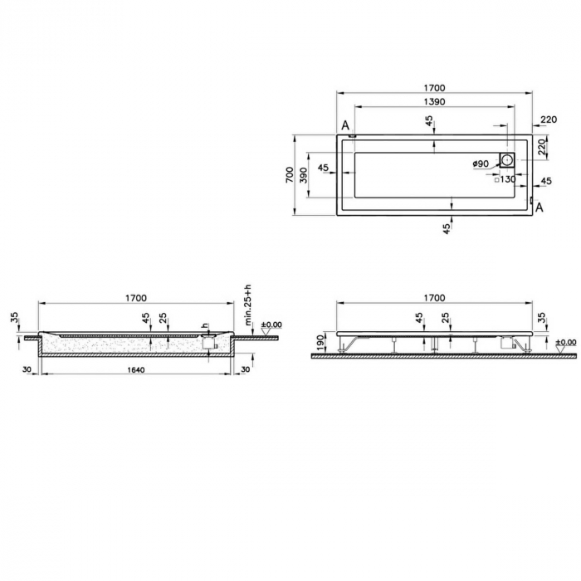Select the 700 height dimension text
[x=289, y=175]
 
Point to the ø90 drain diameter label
[x=481, y=164]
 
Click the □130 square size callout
[x=505, y=179]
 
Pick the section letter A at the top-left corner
[x=344, y=125]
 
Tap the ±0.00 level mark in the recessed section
[x=271, y=325]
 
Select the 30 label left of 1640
[x=27, y=369]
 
